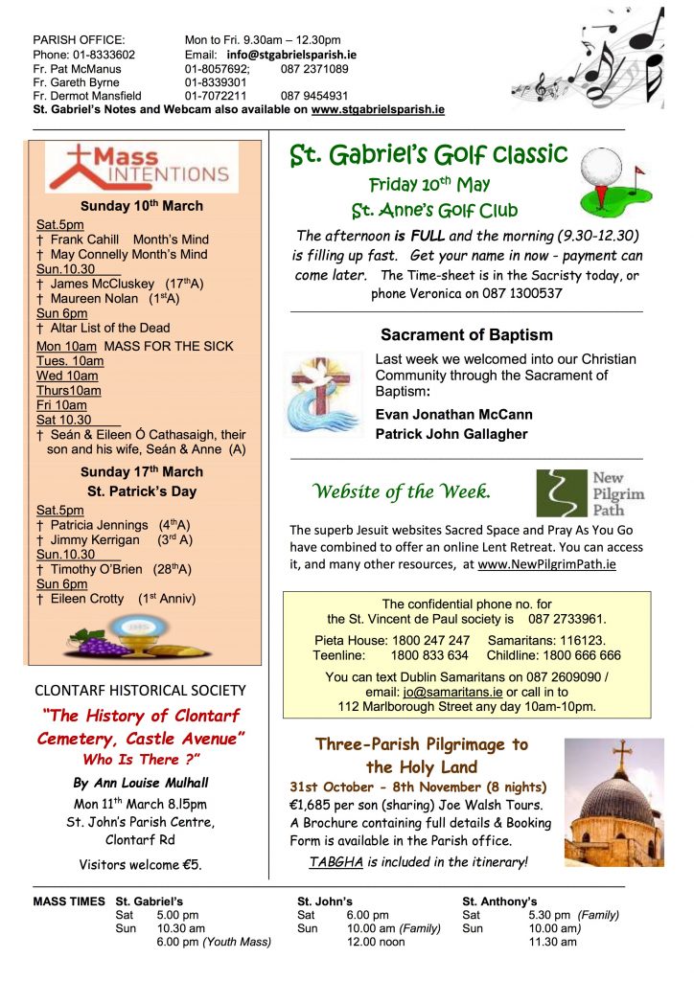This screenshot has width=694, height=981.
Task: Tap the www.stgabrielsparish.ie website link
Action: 378,110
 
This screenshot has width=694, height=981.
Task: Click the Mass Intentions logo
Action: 141,169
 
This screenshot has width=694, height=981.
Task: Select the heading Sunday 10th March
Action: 142,206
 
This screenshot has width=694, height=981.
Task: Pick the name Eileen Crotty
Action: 87,599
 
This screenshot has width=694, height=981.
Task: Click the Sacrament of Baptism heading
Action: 467,335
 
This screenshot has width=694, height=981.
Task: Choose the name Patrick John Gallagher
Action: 451,434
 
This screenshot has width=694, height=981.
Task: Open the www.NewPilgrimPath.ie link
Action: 546,564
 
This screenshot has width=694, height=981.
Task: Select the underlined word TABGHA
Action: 335,862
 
